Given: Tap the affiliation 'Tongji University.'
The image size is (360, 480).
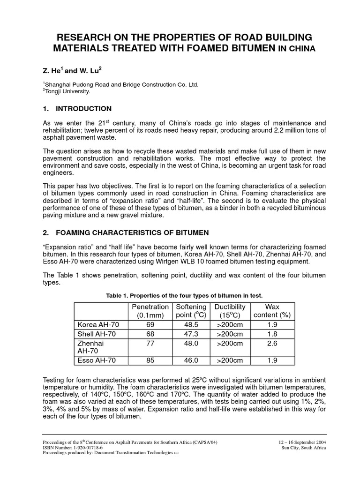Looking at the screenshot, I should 67,92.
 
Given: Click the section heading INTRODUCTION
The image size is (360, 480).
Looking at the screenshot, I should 83,109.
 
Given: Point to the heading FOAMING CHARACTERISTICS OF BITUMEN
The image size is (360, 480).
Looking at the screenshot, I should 132,232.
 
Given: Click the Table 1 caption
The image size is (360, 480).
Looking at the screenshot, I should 184,295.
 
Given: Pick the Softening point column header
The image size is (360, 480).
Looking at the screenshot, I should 190,311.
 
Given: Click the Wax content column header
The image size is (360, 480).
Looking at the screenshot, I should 272,311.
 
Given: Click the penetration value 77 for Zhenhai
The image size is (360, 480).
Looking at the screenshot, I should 150,343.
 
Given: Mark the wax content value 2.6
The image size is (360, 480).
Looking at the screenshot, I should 272,343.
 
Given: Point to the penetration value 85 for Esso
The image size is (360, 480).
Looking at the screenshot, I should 150,360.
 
